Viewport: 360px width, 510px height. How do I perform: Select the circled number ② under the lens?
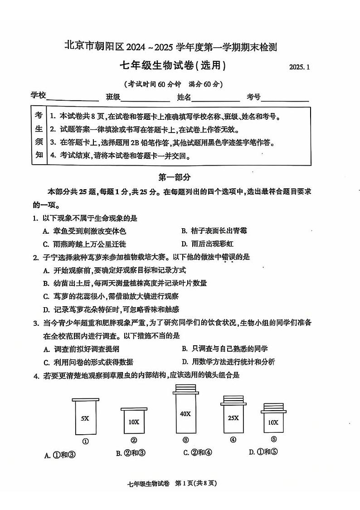[134, 440]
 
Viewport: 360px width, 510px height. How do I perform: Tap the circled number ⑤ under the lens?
[273, 439]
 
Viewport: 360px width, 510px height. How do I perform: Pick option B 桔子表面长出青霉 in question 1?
[214, 230]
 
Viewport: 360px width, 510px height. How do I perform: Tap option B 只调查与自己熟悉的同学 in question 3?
[224, 348]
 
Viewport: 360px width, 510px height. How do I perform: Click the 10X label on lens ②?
[133, 422]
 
